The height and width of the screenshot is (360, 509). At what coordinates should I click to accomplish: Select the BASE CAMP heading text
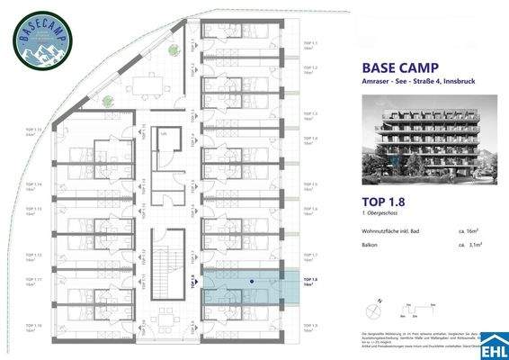pyautogui.click(x=399, y=67)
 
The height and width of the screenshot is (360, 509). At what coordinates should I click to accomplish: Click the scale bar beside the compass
pyautogui.click(x=405, y=313)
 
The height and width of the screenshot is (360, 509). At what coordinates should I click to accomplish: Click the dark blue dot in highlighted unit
pyautogui.click(x=252, y=281)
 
